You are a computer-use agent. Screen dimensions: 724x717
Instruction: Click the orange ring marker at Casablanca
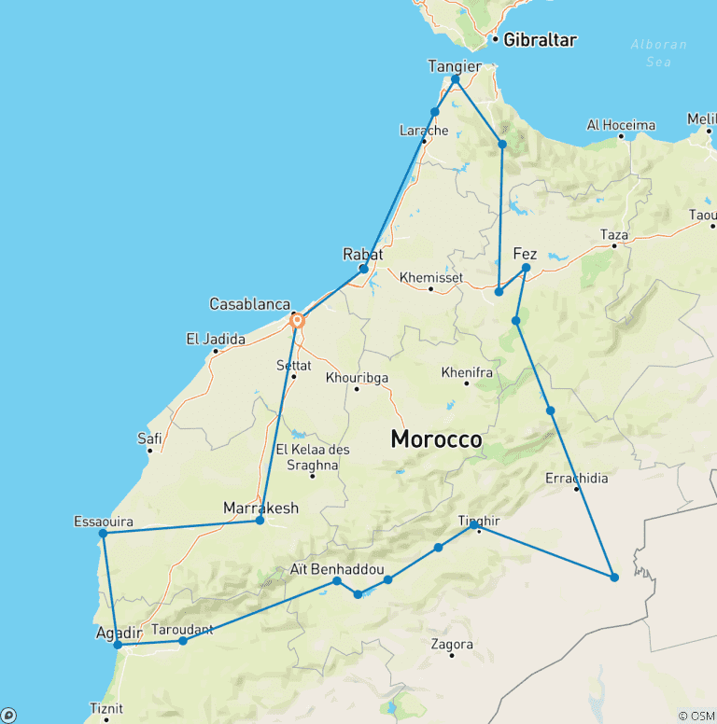click(298, 321)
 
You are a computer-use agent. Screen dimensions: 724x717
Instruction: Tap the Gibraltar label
click(540, 40)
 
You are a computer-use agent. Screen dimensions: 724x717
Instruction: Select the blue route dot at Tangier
click(456, 79)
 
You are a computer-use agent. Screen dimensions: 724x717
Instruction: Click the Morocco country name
click(436, 439)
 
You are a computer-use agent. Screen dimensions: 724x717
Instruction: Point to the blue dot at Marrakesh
click(260, 520)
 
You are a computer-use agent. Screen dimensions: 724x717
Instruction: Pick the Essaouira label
click(103, 522)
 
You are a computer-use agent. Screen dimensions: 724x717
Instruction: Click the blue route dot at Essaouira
click(104, 534)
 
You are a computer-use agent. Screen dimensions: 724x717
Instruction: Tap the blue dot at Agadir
click(118, 645)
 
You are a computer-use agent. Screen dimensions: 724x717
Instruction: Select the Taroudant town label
click(182, 629)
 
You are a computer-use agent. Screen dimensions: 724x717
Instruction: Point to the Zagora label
click(452, 644)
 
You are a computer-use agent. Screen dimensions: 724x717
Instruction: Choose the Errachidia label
click(576, 479)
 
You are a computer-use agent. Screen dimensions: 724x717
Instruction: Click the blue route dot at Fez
click(527, 268)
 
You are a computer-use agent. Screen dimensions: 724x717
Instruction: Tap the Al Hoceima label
click(621, 125)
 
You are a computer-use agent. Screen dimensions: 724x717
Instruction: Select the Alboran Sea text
click(658, 52)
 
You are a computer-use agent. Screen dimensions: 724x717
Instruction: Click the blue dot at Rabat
click(364, 269)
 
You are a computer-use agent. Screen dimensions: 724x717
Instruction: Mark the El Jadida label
click(216, 339)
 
